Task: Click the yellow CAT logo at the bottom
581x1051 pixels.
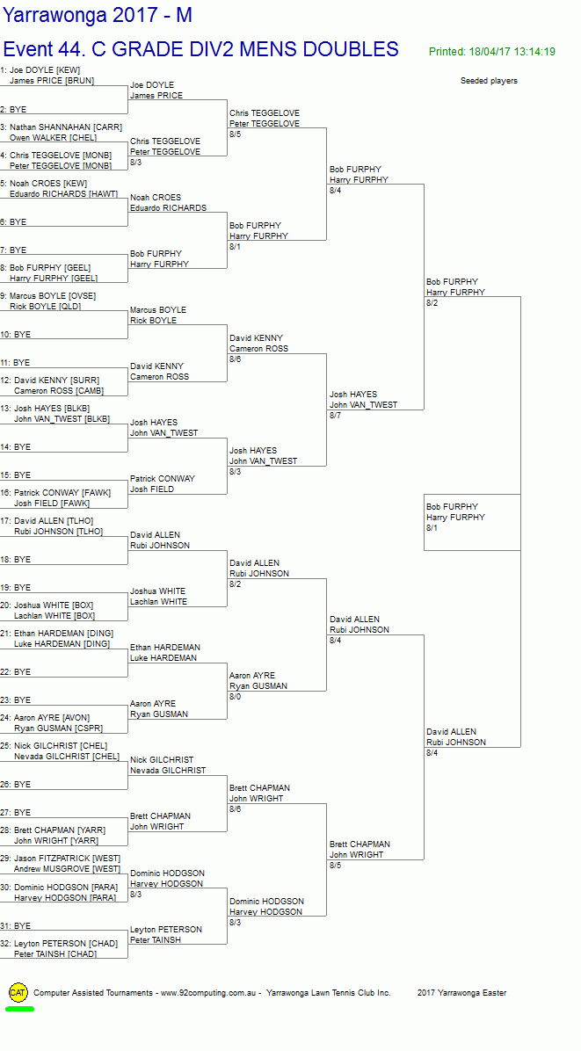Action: pos(18,992)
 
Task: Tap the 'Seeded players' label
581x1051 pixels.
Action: pos(489,81)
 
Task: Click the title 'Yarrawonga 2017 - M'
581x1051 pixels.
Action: pos(98,15)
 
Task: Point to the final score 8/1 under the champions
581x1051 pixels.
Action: pos(432,528)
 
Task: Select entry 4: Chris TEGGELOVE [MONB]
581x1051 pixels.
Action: pos(60,155)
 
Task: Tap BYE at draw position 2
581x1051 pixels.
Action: pos(18,110)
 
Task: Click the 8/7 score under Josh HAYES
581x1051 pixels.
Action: pos(335,416)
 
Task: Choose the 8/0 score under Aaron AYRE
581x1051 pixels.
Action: pos(235,697)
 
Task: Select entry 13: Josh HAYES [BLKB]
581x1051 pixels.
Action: pos(51,408)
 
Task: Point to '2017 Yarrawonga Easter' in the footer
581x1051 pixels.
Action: pos(461,993)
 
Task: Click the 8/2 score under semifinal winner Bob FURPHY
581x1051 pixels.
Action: pos(432,303)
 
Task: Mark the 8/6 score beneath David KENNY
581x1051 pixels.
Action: pos(235,359)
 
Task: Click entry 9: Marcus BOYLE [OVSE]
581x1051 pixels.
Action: pos(53,295)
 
